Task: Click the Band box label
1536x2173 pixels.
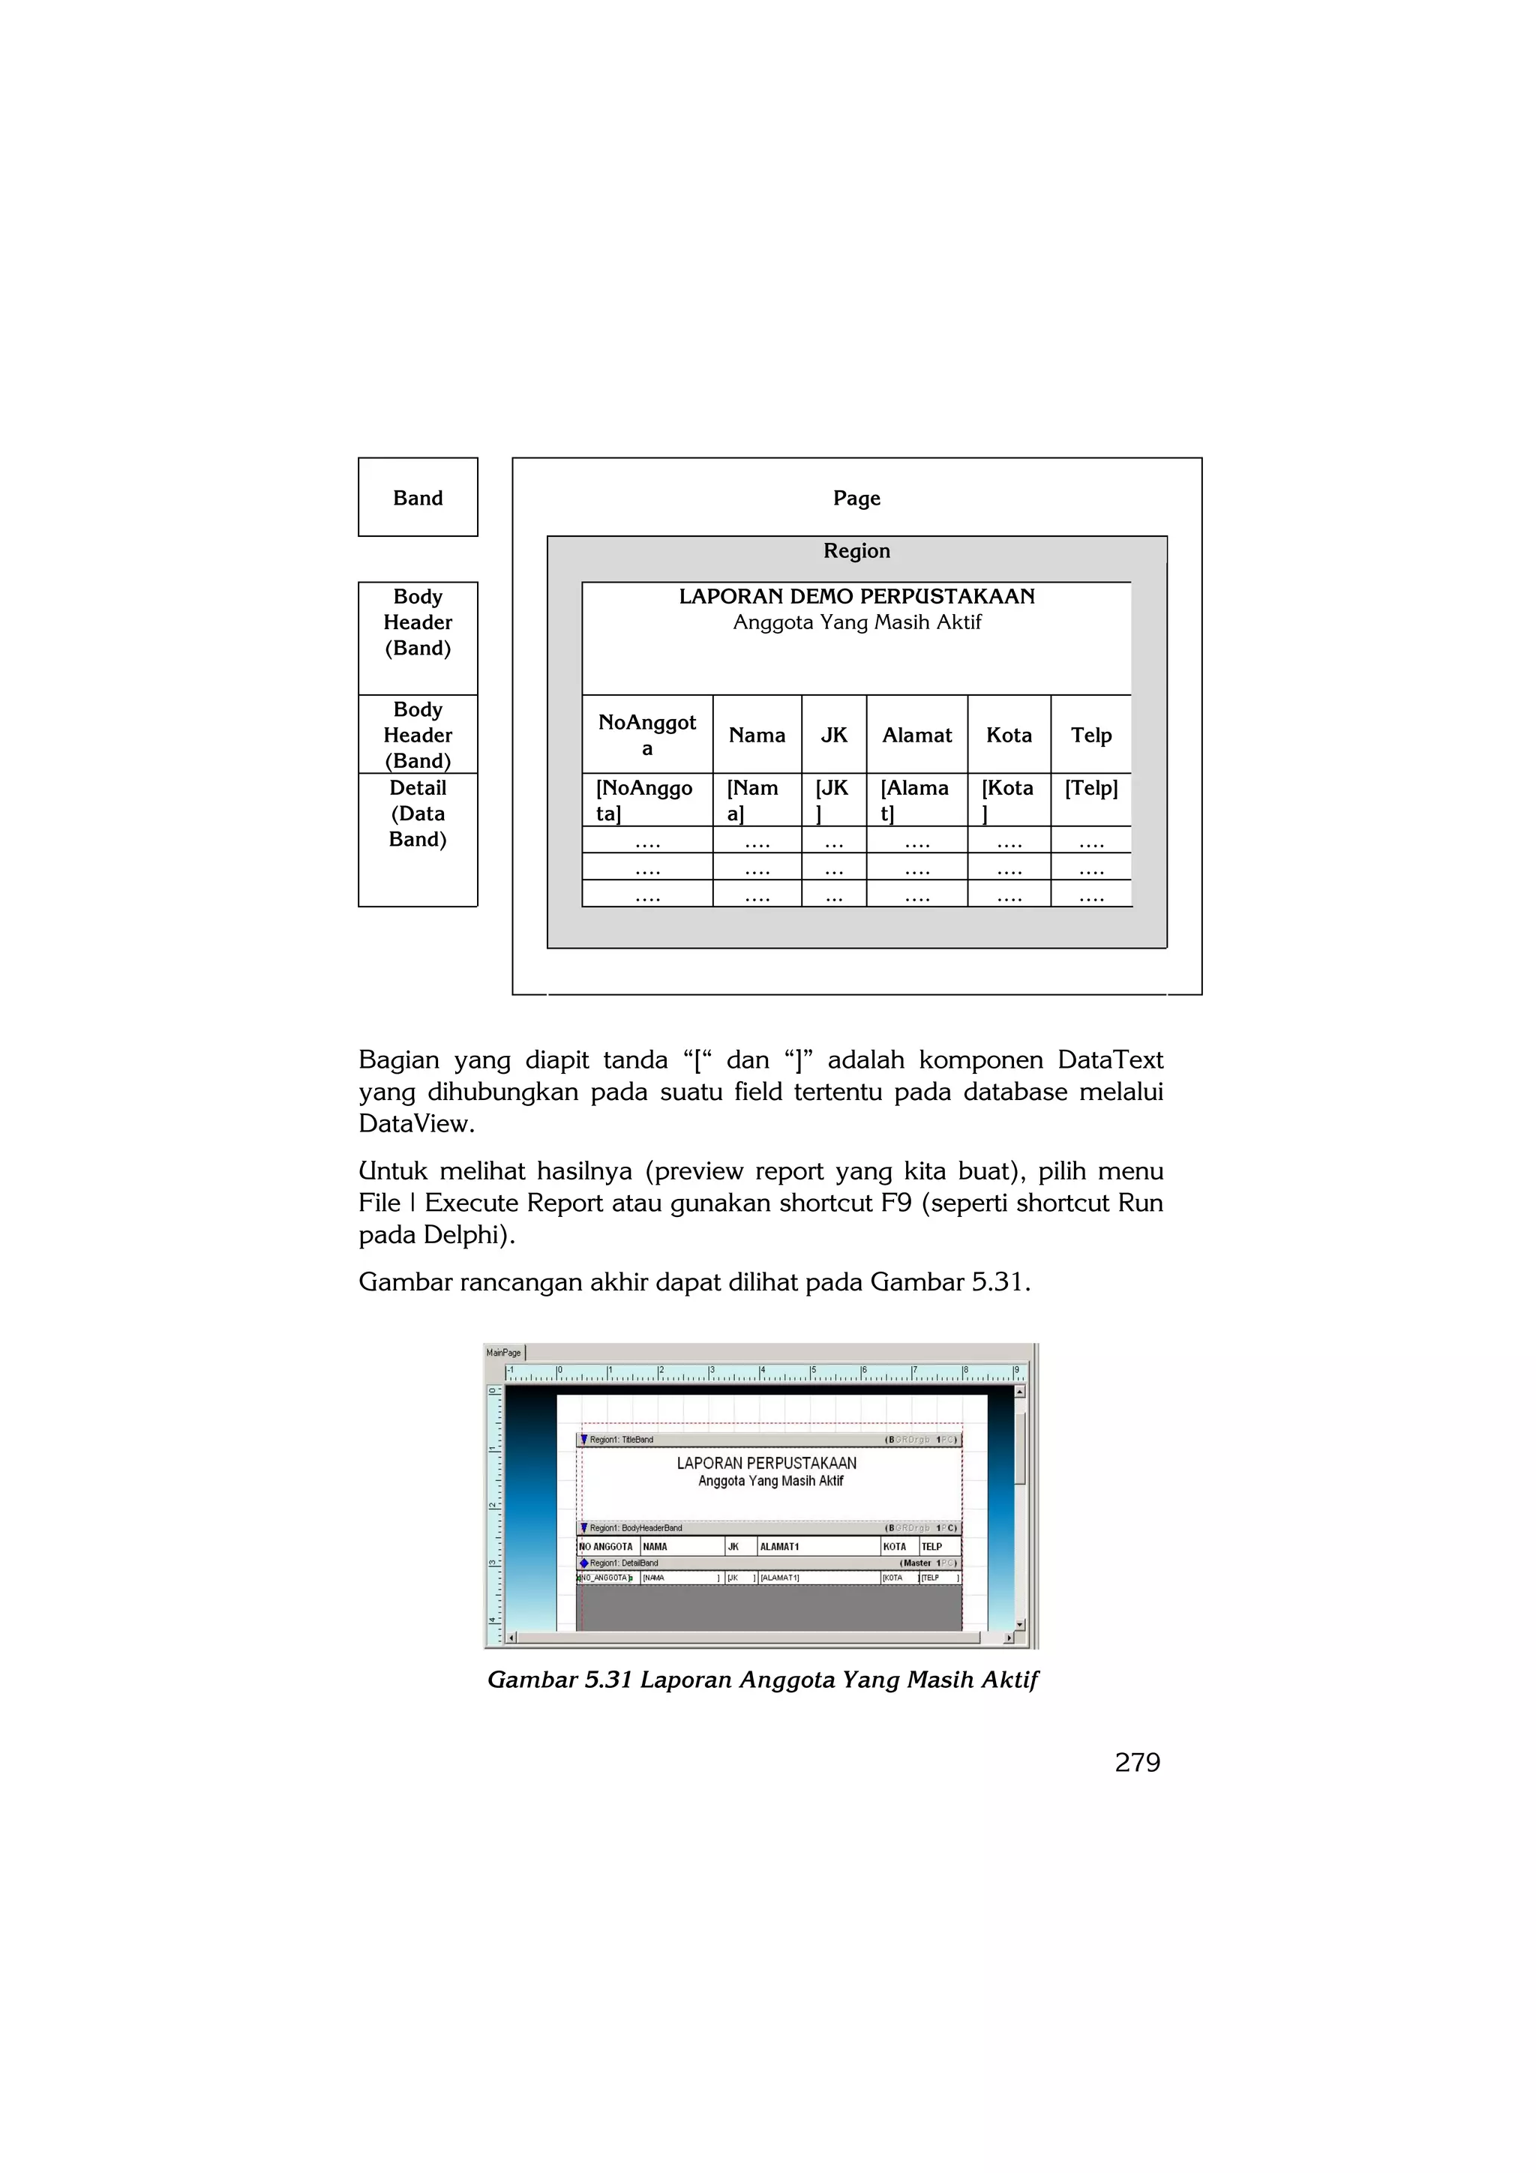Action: tap(417, 498)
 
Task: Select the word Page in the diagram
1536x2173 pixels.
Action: tap(856, 498)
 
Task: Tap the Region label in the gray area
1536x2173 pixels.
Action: tap(856, 551)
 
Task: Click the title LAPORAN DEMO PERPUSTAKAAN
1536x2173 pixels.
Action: tap(856, 596)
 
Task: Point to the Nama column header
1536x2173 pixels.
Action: tap(756, 736)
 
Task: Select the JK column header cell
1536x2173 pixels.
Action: tap(834, 736)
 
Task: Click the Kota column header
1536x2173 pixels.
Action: tap(1009, 736)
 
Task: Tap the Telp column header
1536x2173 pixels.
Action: tap(1091, 736)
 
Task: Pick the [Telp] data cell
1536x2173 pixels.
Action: tap(1091, 788)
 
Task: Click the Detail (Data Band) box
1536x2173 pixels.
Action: tap(417, 814)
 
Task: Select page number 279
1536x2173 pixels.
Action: tap(1138, 1762)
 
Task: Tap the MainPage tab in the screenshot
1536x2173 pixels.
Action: tap(503, 1353)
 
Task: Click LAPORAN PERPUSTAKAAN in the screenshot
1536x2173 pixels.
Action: tap(766, 1463)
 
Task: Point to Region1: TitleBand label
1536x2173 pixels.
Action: tap(621, 1440)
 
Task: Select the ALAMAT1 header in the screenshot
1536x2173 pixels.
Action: tap(780, 1546)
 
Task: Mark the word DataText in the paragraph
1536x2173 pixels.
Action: tap(1110, 1060)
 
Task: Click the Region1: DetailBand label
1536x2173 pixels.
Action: tap(624, 1563)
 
